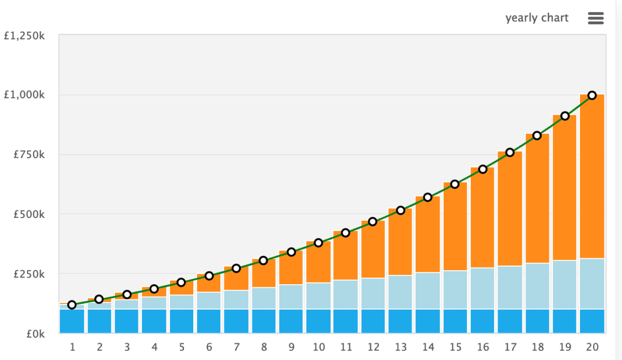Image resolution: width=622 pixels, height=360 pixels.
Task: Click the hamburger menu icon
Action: click(596, 18)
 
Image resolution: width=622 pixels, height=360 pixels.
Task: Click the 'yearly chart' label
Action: click(536, 18)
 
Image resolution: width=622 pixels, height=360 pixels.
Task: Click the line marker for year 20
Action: click(592, 95)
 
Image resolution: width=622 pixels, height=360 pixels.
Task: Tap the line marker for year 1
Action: click(72, 305)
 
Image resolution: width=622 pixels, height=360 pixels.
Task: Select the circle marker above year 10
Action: click(318, 243)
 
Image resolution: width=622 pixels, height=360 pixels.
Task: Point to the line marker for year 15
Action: click(455, 184)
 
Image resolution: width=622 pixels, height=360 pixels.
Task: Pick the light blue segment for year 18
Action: click(538, 286)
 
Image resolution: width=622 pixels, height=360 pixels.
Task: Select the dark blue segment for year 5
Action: click(181, 321)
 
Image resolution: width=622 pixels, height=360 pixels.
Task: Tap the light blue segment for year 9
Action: click(291, 297)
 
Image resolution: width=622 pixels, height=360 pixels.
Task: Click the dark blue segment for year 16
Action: click(483, 321)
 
